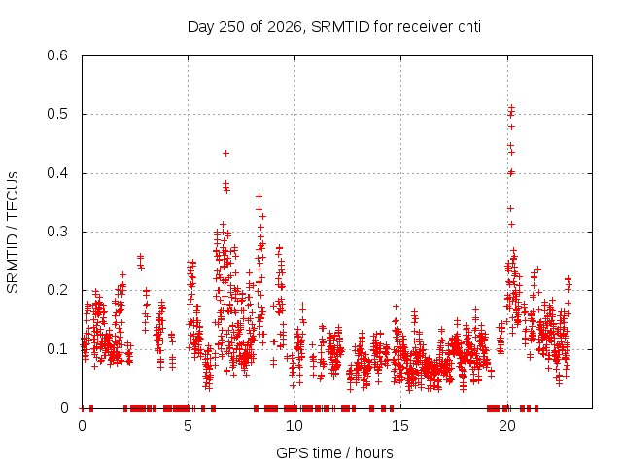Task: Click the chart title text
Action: coord(334,27)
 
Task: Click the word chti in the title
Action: coord(469,27)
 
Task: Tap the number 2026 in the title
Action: coord(285,27)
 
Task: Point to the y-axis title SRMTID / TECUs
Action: coord(13,233)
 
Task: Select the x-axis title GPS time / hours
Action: coord(334,452)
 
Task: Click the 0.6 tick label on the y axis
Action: coord(57,55)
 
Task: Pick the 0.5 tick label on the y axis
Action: coord(57,114)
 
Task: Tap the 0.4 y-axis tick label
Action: coord(57,173)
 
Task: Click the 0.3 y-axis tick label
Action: coord(57,232)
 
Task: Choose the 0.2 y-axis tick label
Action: coord(57,290)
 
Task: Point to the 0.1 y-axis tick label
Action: coord(57,349)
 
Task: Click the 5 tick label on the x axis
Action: coord(188,426)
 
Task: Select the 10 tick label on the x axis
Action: coord(294,426)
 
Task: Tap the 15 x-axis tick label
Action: coord(400,426)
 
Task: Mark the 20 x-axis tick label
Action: coord(507,426)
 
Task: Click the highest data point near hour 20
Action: coord(512,107)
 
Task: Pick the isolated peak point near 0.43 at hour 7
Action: coord(225,154)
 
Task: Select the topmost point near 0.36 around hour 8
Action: coord(259,196)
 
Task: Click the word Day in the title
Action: coord(201,27)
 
